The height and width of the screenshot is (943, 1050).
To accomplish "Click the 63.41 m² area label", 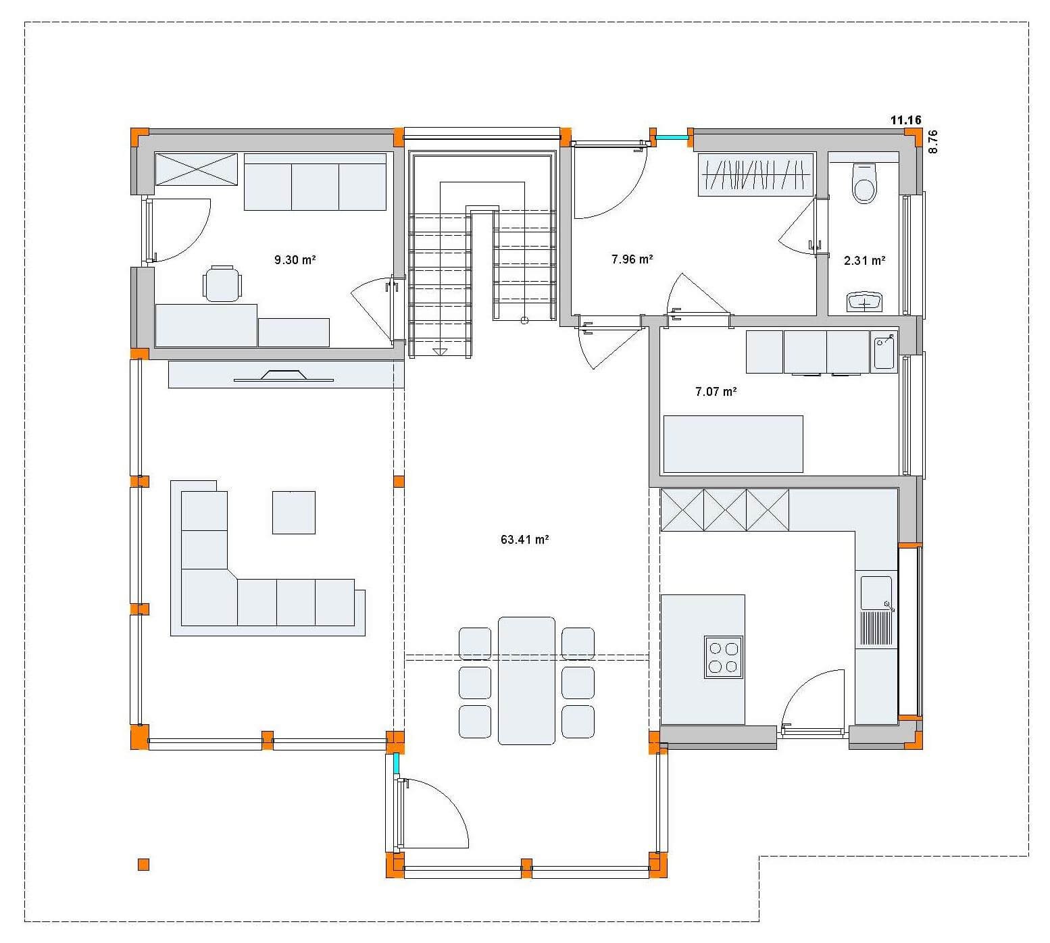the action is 524,540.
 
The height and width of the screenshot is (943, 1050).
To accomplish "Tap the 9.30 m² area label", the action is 296,259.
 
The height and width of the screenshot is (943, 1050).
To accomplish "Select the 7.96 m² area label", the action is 632,259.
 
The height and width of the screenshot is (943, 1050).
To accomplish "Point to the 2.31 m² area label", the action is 865,260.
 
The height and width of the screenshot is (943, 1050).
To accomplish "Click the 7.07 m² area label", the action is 716,391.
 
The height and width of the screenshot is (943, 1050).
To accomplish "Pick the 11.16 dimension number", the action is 905,120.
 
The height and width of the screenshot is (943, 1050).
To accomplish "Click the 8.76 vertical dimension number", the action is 933,142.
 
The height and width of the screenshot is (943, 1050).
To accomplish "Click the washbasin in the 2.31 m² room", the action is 865,302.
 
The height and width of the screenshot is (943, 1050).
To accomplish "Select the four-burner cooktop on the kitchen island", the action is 723,657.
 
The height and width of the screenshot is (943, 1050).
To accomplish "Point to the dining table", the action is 526,680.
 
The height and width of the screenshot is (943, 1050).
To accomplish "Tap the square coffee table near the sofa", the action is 294,513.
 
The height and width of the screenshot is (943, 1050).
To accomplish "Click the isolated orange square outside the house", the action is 143,865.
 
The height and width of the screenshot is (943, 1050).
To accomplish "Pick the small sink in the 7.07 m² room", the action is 884,353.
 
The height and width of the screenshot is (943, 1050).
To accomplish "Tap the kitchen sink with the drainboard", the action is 876,612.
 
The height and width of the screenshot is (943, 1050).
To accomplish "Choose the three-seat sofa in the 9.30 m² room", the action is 315,182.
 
